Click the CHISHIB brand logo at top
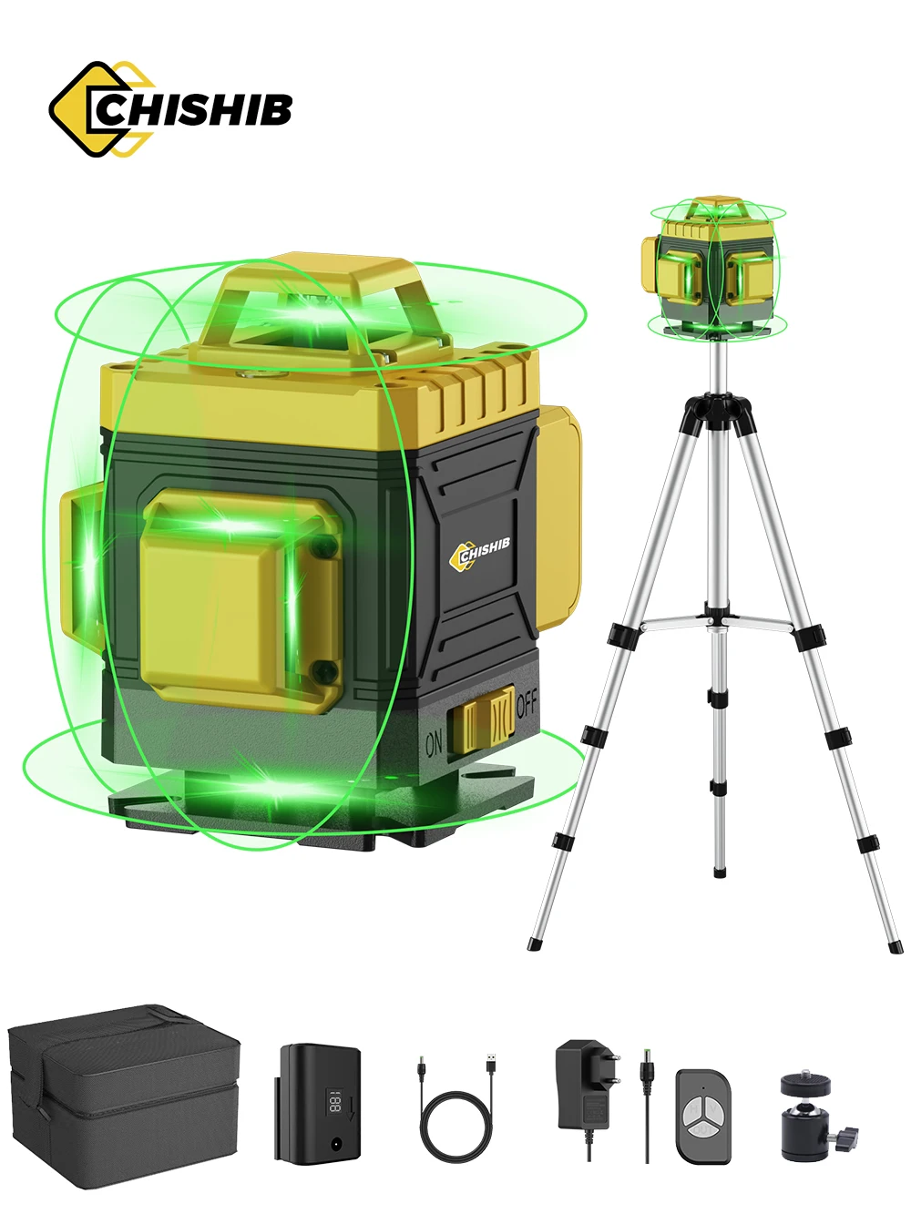(170, 109)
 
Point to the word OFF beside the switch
(527, 702)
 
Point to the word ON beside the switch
(435, 744)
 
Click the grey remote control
(703, 1115)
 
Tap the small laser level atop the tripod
(715, 264)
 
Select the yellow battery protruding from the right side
(558, 515)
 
